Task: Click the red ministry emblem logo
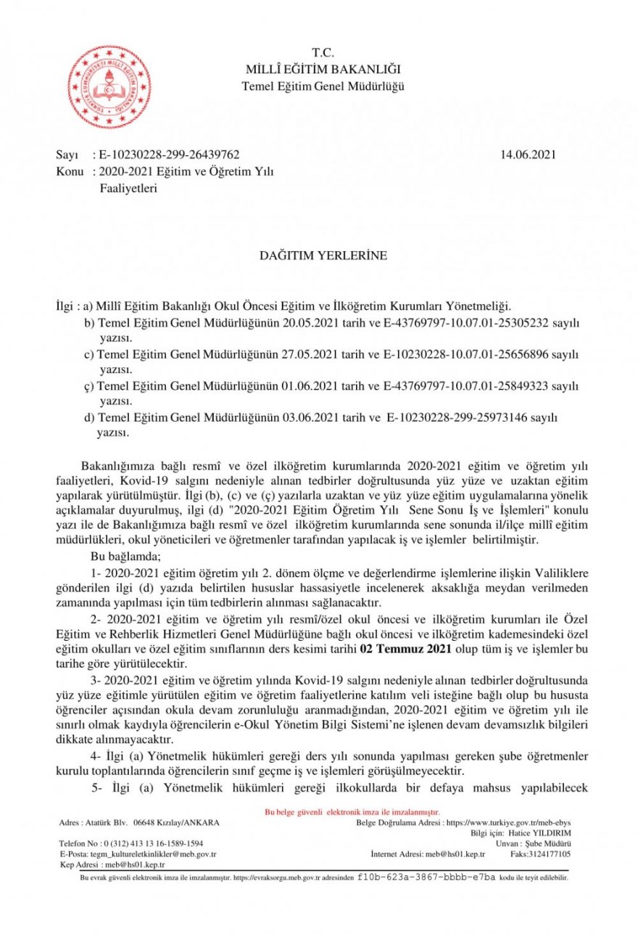[x=109, y=86]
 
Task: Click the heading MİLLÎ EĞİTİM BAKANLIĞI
[x=323, y=70]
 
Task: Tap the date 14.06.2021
[x=529, y=155]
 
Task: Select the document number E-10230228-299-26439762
[x=169, y=155]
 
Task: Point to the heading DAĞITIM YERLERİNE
[x=323, y=255]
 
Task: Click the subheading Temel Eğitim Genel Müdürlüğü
[x=323, y=86]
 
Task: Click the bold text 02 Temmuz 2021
[x=405, y=650]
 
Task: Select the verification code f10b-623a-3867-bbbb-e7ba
[x=426, y=877]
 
